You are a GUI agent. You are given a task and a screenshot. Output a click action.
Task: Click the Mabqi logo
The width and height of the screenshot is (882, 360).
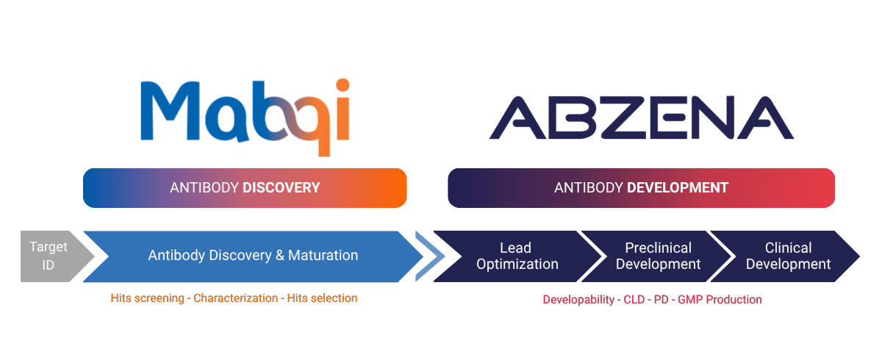coord(245,118)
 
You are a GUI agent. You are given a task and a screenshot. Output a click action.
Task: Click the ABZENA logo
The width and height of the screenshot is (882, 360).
coord(642,118)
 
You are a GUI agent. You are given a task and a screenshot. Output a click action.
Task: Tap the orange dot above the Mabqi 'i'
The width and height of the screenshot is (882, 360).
coord(343,85)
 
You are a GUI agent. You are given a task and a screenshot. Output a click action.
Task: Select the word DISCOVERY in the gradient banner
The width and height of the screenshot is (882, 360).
coord(281,187)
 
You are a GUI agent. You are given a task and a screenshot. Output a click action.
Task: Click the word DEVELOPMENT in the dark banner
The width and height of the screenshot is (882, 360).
coord(678,187)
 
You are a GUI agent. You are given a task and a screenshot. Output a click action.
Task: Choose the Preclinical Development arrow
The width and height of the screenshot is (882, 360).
coord(656,256)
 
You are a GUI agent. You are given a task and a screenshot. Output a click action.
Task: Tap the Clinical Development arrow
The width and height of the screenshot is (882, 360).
coord(786,256)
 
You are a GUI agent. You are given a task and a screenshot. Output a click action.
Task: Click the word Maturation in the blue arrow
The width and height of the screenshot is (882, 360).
coord(323,256)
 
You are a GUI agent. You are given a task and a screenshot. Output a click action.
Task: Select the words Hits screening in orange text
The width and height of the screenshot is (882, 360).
coord(147,298)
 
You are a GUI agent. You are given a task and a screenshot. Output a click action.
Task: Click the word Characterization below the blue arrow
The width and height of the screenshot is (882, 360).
coord(235,298)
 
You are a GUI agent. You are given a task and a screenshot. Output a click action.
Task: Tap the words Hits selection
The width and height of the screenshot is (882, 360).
coord(322,298)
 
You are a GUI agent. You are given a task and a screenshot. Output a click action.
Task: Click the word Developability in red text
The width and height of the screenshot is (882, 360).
coord(578,300)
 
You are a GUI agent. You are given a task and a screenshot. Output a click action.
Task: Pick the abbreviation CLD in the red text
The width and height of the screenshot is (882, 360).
coord(634,300)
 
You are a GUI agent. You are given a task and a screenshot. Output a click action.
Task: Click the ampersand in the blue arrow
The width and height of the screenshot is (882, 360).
coord(280,256)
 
